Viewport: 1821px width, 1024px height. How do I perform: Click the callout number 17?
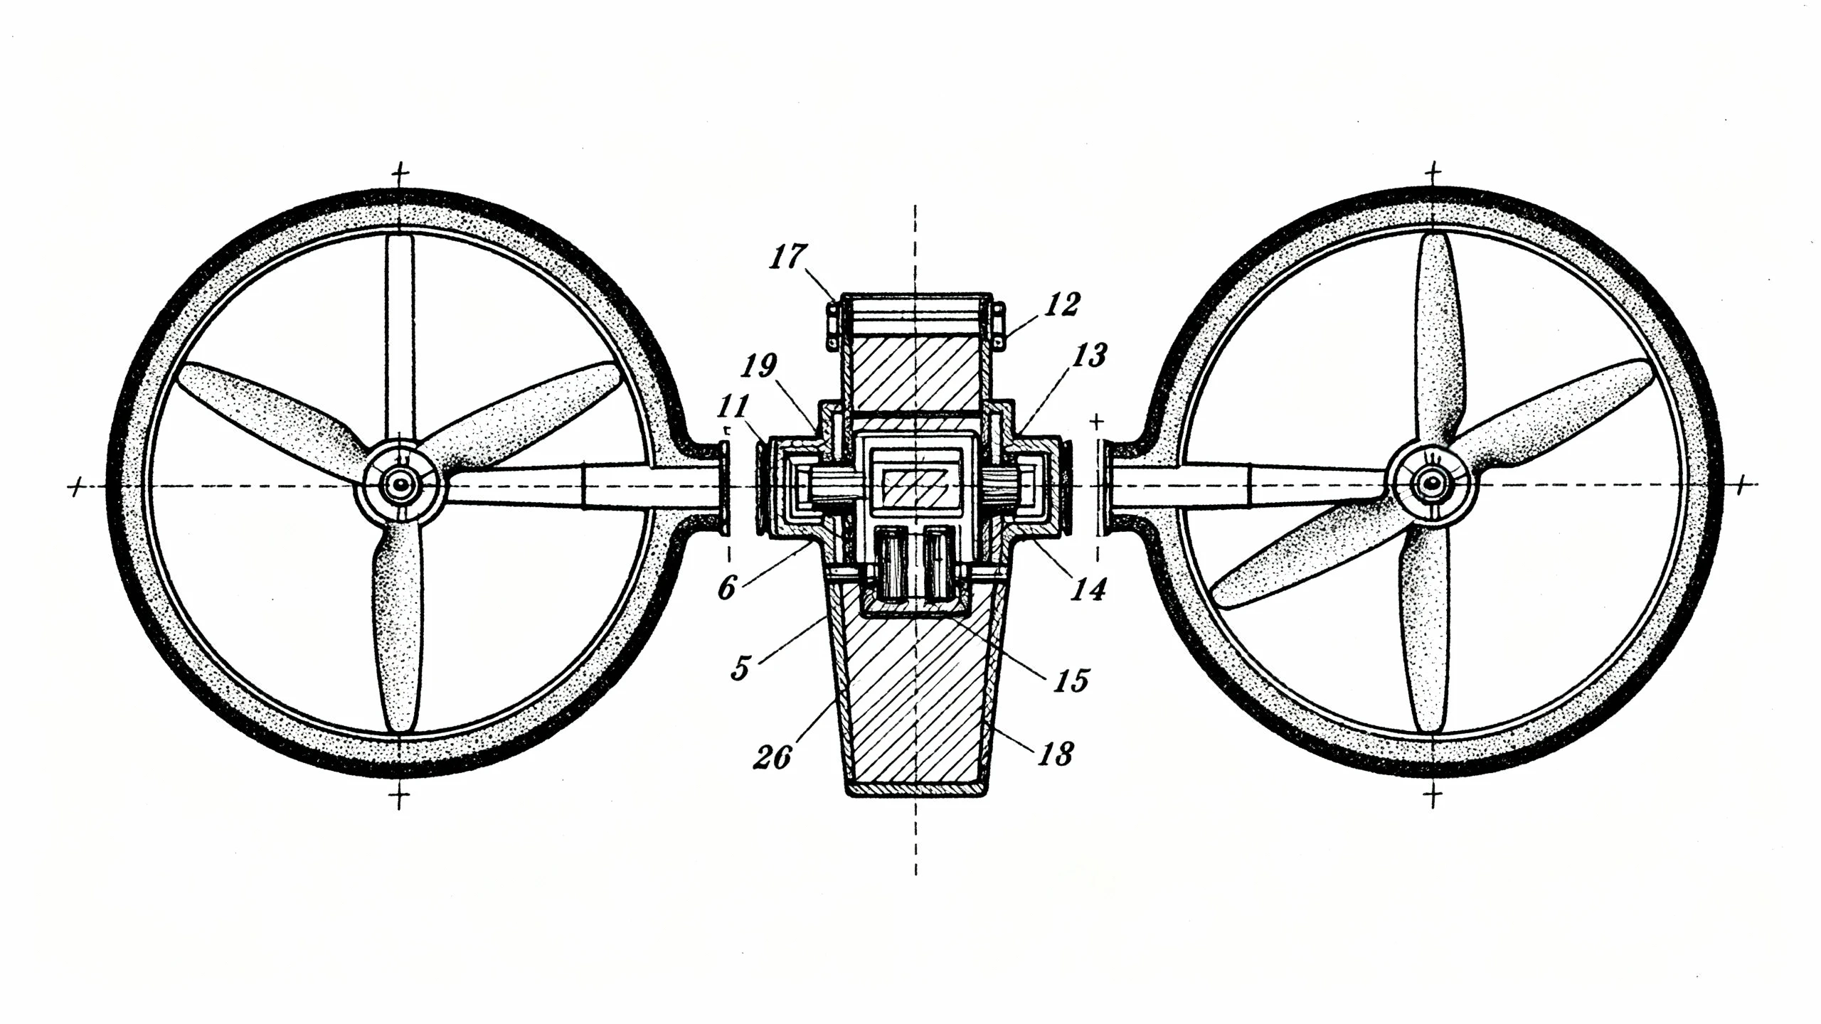[787, 257]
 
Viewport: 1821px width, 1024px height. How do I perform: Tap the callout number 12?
[1062, 304]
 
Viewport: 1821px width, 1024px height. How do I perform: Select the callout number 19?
[758, 366]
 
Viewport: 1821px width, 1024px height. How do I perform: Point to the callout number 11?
[733, 406]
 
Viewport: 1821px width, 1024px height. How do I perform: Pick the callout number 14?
[1090, 589]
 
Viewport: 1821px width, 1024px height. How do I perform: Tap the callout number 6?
[726, 588]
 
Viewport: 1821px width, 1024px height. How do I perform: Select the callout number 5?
[740, 668]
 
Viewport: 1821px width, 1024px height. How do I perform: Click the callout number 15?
[1071, 681]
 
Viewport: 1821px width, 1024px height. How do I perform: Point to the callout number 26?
[773, 757]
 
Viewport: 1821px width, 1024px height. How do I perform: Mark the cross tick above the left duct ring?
[402, 173]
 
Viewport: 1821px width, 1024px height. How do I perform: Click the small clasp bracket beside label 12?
[999, 326]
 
